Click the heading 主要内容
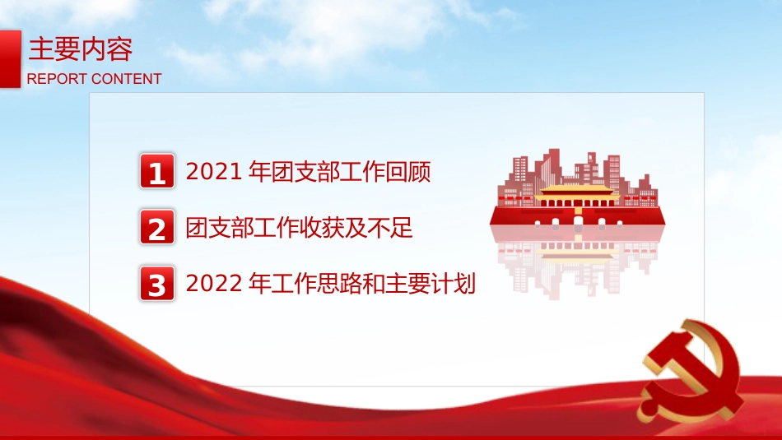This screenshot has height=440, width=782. (81, 50)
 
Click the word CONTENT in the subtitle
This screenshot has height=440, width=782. (126, 79)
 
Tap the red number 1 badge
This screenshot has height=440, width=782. (157, 172)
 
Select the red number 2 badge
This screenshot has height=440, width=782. (157, 228)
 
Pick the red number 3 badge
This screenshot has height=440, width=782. (157, 284)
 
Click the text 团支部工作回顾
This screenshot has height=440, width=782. (351, 172)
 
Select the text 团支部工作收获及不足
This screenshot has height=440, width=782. (300, 228)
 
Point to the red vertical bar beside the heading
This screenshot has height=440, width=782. (10, 58)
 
